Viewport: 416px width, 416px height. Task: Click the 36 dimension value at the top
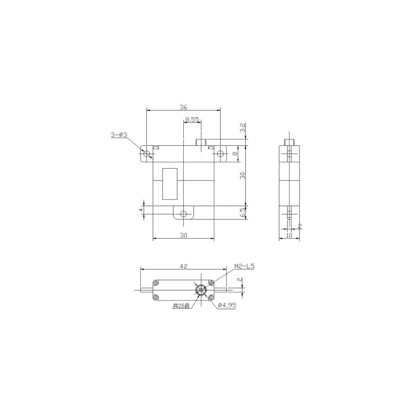[x=183, y=107]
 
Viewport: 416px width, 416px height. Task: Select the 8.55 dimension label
[x=192, y=119]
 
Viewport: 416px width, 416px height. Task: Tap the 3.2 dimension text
[x=243, y=128]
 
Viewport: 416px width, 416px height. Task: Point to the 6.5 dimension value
[x=243, y=212]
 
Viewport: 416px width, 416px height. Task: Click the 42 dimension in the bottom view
[x=183, y=266]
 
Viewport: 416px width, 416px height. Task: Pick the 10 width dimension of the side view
[x=289, y=235]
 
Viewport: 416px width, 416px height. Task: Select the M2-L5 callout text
[x=244, y=266]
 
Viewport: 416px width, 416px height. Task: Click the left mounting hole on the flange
[x=147, y=154]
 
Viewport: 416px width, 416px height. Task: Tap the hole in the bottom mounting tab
[x=183, y=214]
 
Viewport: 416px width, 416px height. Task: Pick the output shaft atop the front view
[x=201, y=142]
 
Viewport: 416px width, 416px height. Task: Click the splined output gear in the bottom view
[x=201, y=290]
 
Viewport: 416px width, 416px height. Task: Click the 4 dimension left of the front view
[x=140, y=210]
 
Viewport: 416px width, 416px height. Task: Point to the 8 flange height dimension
[x=235, y=154]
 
